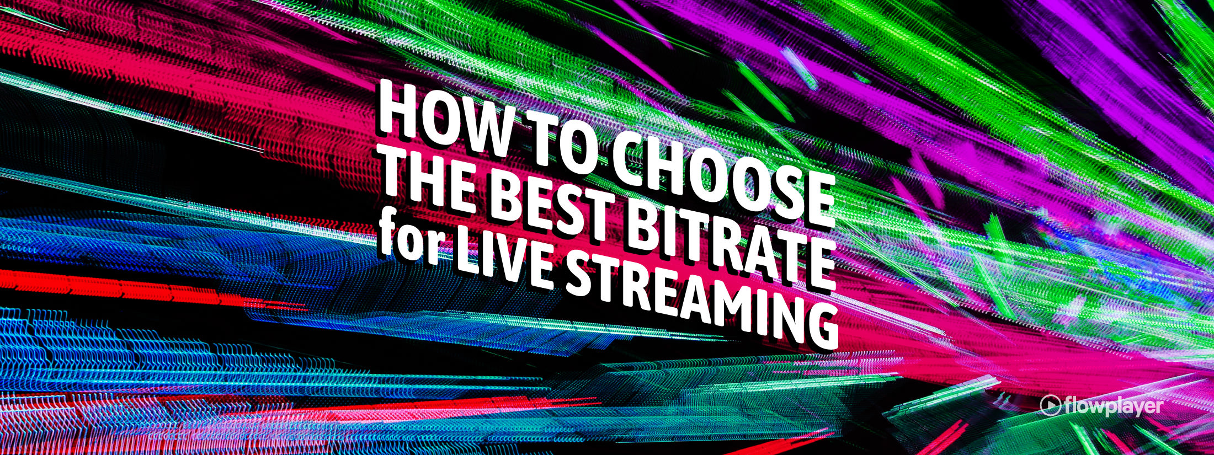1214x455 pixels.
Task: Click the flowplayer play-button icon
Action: (x=1050, y=405)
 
